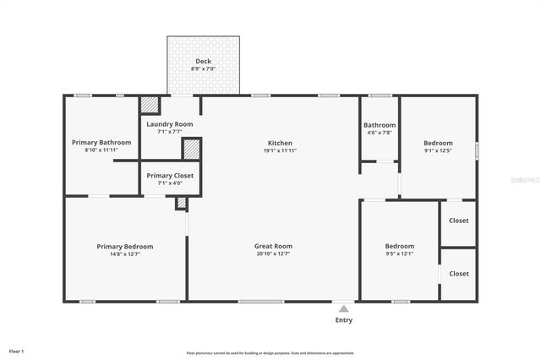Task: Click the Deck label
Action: pos(203,61)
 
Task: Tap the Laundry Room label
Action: pos(170,124)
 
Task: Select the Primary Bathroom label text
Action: pos(101,143)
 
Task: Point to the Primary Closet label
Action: pos(170,176)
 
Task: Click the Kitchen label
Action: pos(280,143)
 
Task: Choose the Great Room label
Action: pos(273,246)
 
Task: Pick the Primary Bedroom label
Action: pos(124,246)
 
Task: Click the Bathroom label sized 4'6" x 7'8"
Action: pos(380,125)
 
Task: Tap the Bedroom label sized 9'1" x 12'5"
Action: pos(438,143)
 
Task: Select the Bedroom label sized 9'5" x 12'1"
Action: pos(399,246)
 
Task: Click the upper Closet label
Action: pos(459,221)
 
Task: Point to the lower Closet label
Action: pos(459,274)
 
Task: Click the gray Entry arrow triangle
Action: pos(343,309)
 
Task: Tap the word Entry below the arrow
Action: pos(344,320)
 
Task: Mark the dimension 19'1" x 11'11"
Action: pos(280,150)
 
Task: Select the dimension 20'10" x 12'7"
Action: pos(273,254)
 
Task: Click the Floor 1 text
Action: pos(17,350)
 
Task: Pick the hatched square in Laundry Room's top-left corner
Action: pos(150,104)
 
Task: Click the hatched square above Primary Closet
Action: pos(192,150)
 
